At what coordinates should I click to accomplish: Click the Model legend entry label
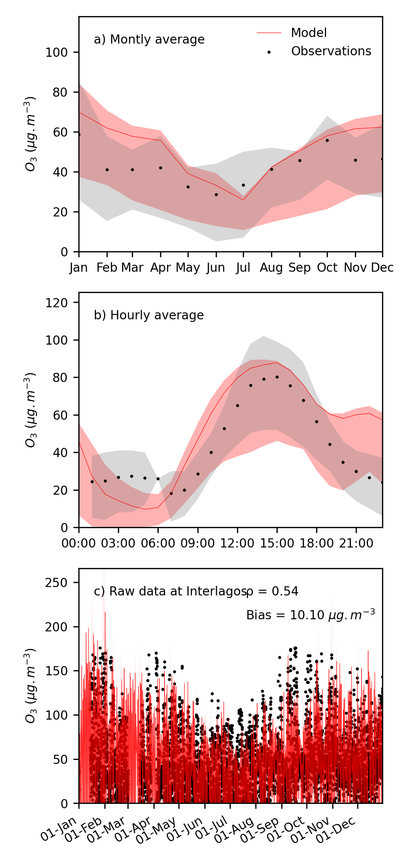click(308, 33)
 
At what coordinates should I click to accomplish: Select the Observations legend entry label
click(331, 51)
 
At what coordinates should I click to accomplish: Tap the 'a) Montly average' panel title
click(149, 40)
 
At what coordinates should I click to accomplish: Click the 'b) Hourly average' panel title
click(149, 315)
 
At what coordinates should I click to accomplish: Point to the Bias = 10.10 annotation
click(310, 615)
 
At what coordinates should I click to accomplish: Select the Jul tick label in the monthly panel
click(243, 268)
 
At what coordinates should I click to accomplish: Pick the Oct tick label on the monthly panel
click(327, 268)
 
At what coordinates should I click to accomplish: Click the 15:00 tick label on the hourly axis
click(277, 543)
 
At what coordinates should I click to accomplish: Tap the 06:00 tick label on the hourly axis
click(158, 543)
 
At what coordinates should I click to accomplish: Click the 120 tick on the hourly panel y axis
click(56, 302)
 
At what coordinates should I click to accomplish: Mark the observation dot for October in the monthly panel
click(327, 141)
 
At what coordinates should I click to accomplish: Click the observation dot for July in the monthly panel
click(243, 185)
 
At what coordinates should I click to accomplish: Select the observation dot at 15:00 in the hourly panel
click(277, 377)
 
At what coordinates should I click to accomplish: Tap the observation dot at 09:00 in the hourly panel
click(198, 474)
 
